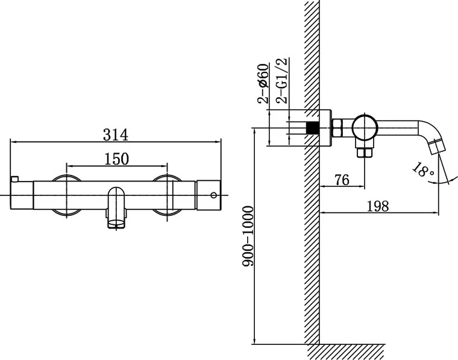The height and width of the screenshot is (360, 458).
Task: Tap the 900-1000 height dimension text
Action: pos(245,245)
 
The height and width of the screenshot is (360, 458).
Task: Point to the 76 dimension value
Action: pos(342,180)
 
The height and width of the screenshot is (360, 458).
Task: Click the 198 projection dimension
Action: pos(377,206)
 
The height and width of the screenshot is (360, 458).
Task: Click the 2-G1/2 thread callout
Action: pos(282,81)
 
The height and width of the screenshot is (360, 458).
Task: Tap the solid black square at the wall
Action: pos(312,128)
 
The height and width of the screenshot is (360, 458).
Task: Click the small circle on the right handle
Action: pos(213,195)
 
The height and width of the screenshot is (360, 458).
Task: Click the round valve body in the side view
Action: pos(365,128)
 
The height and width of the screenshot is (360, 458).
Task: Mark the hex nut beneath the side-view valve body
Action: pos(364,152)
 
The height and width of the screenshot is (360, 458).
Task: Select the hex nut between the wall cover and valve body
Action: pos(338,128)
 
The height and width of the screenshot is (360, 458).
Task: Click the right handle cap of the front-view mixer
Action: pos(209,195)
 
